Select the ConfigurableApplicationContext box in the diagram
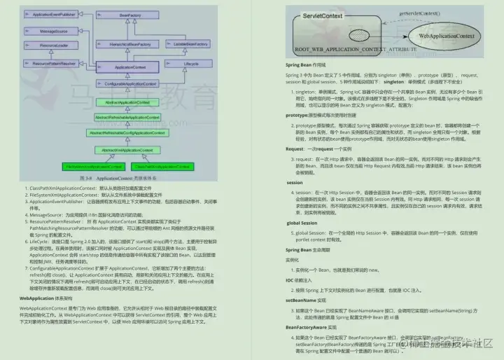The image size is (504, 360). tap(131, 83)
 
